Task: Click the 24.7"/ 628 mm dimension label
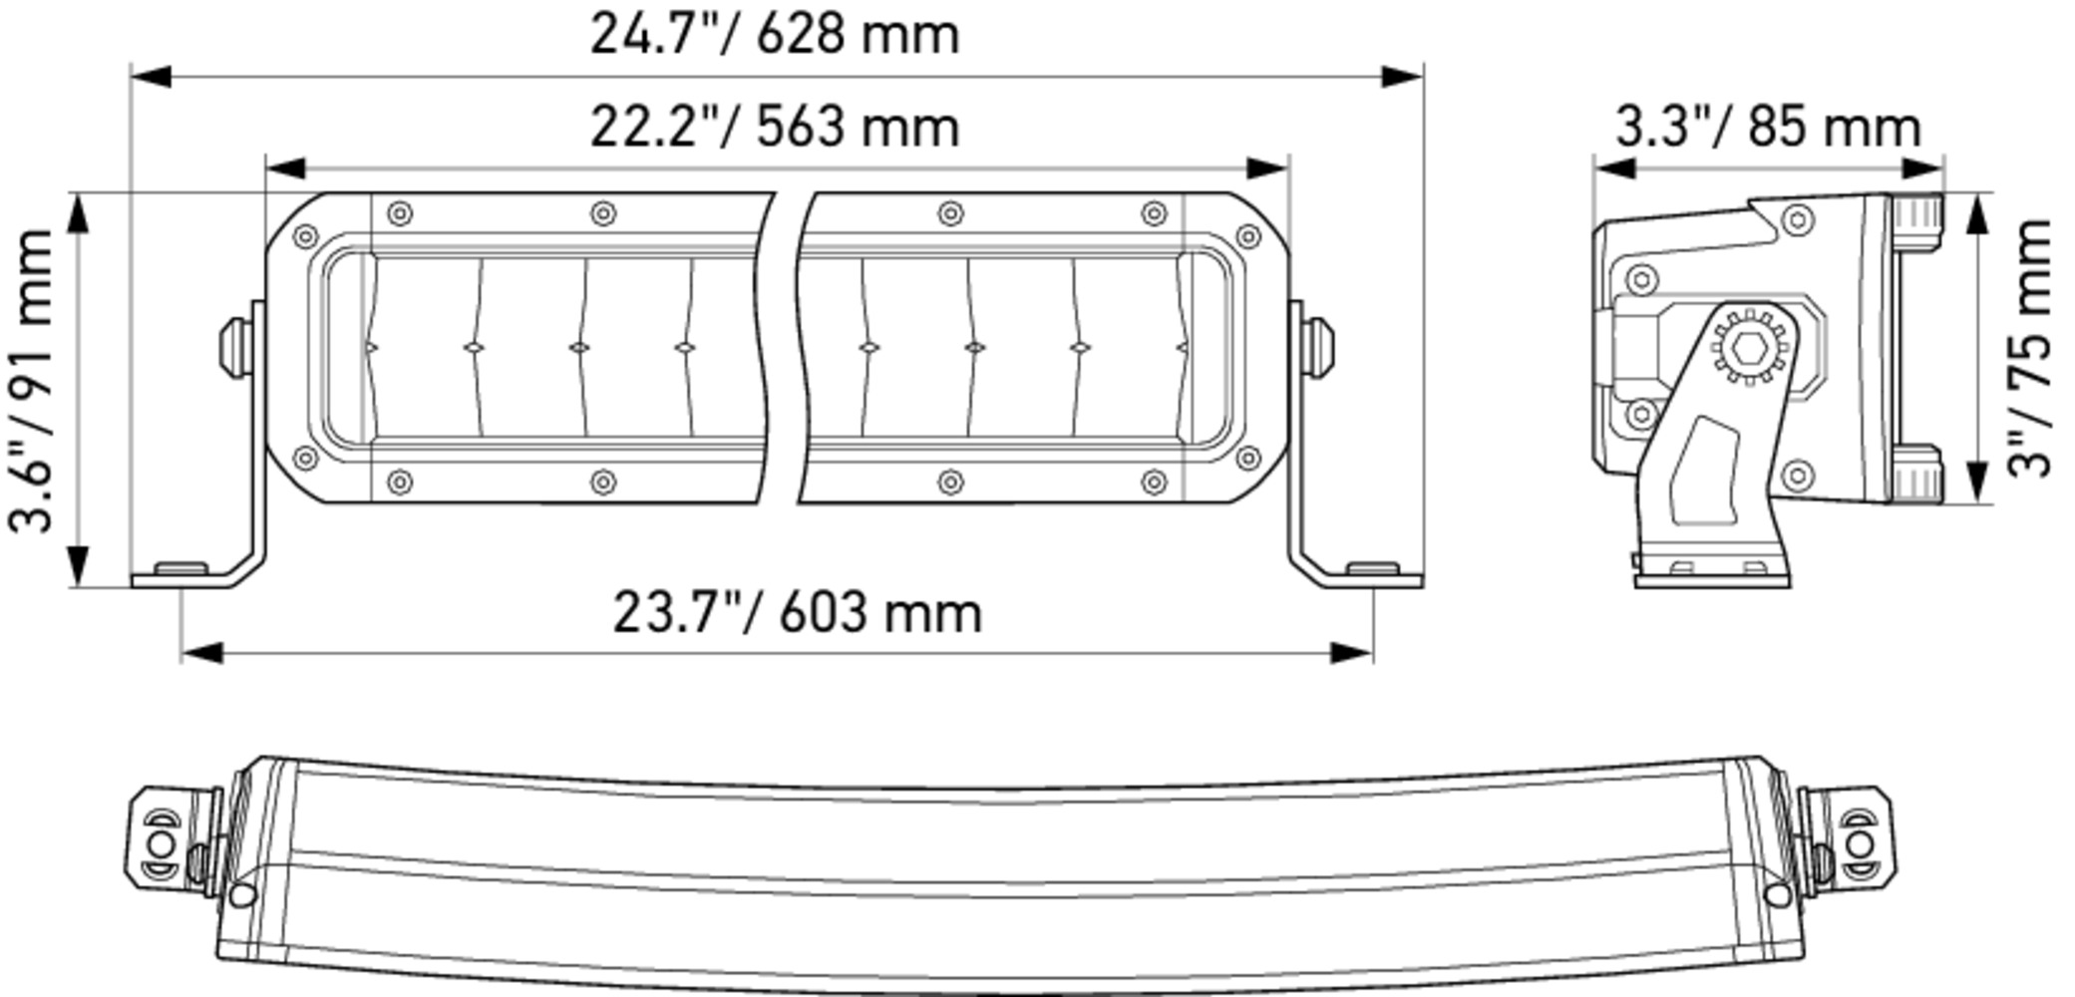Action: [775, 34]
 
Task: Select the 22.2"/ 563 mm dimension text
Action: [775, 127]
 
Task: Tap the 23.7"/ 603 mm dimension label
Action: [798, 612]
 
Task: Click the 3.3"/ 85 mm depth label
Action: [1768, 128]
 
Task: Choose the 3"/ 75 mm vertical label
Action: [2029, 348]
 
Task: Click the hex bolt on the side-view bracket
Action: [1749, 348]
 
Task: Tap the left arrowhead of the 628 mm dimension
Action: [152, 77]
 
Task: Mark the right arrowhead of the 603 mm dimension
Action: [1352, 653]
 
